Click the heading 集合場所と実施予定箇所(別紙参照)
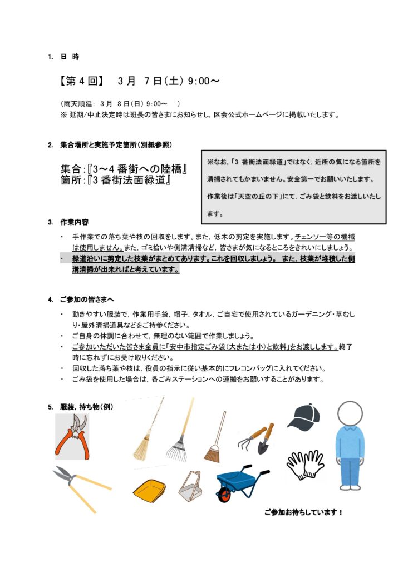tap(116, 145)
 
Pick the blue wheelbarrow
tap(240, 483)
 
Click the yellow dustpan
tap(149, 489)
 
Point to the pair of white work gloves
tap(305, 464)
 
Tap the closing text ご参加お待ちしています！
tap(303, 512)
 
